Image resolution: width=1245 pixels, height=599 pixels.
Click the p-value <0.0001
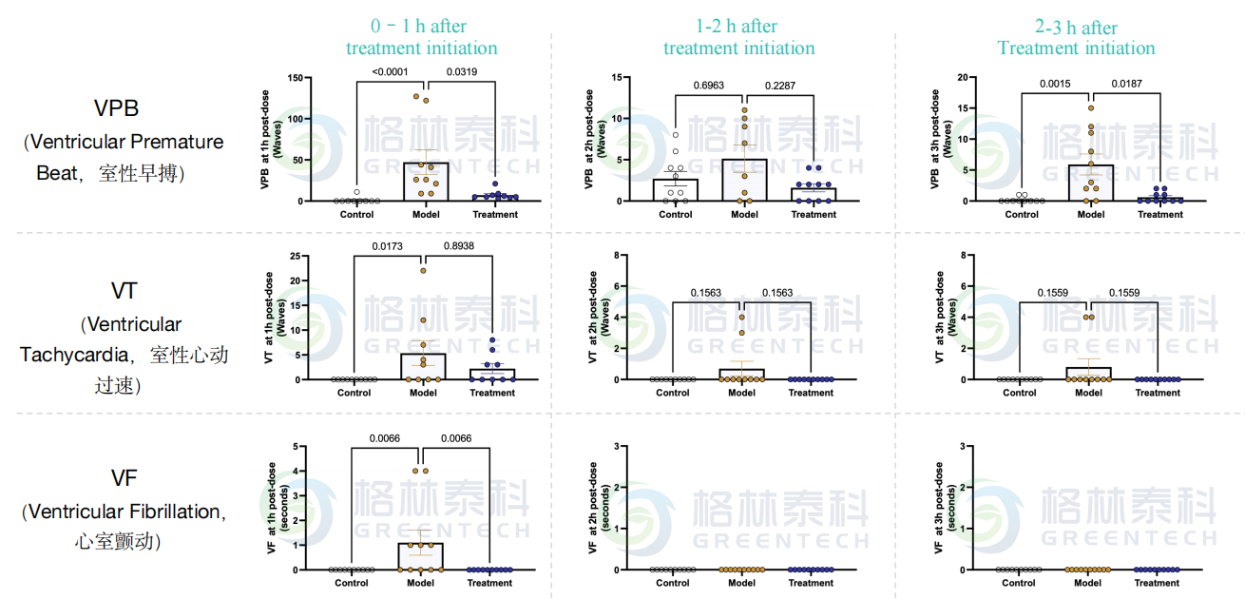(x=390, y=71)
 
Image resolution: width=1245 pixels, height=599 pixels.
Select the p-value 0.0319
(x=461, y=71)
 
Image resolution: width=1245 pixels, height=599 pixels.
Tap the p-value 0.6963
(x=709, y=85)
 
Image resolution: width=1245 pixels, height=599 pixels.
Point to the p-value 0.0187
(x=1126, y=84)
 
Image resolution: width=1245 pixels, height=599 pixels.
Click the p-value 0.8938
(x=458, y=246)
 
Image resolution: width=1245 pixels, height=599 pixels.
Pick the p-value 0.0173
(x=388, y=246)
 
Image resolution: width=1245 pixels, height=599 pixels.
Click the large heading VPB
(x=116, y=107)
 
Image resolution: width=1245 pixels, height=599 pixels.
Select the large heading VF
(x=124, y=477)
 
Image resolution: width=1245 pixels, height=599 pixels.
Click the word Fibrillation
(x=175, y=512)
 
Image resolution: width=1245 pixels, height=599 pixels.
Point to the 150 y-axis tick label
(x=296, y=78)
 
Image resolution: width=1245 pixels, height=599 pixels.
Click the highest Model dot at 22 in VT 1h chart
(x=423, y=271)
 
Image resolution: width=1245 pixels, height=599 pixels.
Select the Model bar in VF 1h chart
(x=421, y=556)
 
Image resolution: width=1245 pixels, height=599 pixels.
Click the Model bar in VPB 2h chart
(x=744, y=181)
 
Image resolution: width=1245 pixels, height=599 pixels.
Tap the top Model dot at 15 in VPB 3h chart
(x=1091, y=107)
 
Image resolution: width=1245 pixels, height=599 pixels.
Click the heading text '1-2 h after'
(x=737, y=26)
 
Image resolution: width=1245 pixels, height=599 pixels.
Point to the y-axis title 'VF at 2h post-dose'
(x=592, y=507)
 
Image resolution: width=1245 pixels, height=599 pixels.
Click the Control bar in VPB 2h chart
(x=676, y=190)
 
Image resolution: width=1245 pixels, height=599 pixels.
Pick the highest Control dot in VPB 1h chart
(x=356, y=192)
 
